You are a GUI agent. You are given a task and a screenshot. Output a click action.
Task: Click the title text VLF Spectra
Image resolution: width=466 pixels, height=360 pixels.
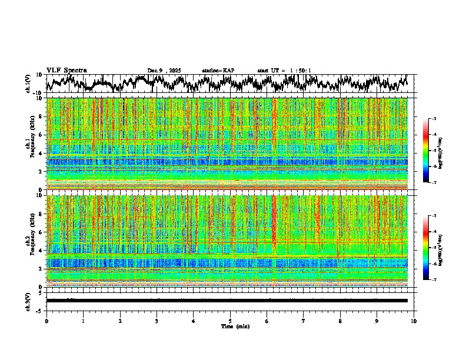(66, 71)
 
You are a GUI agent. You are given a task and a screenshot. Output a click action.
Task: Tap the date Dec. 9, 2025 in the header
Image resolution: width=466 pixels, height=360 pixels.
(164, 71)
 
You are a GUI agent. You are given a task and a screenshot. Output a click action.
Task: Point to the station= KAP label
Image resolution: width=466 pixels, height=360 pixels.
(218, 71)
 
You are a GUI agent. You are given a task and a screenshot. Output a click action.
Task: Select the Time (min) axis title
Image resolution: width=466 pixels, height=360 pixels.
(235, 326)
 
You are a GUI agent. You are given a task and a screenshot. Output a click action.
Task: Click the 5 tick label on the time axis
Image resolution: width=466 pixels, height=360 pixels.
(231, 321)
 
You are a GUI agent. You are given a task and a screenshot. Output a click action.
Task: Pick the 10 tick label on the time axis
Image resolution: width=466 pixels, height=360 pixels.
(414, 321)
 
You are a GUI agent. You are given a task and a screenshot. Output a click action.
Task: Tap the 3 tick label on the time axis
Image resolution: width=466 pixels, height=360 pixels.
(157, 321)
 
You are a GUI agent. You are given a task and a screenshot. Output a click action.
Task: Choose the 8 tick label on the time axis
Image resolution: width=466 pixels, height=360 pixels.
(341, 321)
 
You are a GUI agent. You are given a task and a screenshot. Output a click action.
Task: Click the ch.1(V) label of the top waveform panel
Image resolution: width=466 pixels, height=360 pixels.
(29, 84)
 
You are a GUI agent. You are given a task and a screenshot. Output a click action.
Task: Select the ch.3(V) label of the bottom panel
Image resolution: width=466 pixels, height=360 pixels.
(29, 301)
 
